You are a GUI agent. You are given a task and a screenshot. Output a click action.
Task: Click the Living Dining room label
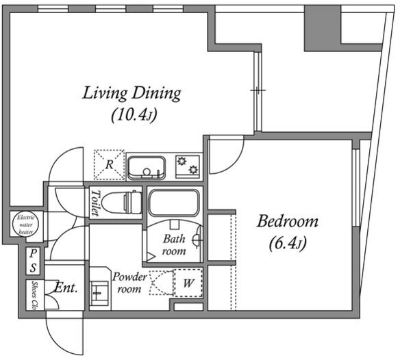[132, 94]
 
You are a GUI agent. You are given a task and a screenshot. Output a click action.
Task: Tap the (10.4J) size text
[134, 115]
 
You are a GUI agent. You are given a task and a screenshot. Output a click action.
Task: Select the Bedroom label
[288, 221]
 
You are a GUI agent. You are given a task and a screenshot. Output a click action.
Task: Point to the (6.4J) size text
[288, 243]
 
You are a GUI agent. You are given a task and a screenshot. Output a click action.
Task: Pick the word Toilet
[95, 203]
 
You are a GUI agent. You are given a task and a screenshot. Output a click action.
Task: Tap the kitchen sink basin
[147, 168]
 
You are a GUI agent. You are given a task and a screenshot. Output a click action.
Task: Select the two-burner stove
[188, 166]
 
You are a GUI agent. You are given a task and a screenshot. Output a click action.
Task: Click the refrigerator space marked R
[109, 165]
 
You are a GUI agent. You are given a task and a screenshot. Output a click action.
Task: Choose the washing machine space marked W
[188, 283]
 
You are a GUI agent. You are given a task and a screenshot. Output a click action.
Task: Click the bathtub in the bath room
[174, 203]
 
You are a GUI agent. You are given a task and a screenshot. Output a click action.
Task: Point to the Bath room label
[174, 245]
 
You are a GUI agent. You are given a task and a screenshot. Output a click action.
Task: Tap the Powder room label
[129, 283]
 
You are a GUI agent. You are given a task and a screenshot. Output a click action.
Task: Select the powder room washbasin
[99, 293]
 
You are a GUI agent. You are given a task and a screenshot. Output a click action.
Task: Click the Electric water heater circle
[26, 224]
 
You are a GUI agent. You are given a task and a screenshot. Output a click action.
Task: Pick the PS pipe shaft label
[33, 261]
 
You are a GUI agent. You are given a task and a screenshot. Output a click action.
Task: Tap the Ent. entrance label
[66, 288]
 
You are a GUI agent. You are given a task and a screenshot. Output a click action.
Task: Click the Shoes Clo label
[34, 295]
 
